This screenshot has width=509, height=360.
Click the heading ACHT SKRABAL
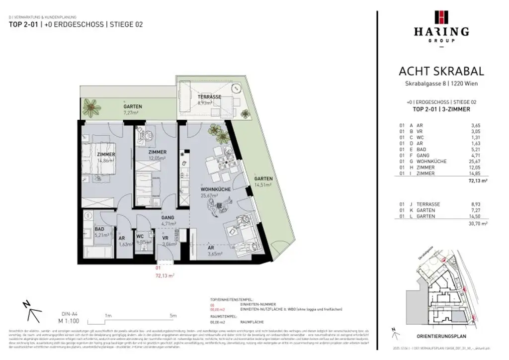tap(441, 72)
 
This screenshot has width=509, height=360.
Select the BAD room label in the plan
tap(99, 229)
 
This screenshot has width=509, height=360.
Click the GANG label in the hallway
tap(167, 217)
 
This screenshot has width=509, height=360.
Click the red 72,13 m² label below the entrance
tap(164, 274)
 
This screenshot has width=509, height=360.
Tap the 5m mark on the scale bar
tap(172, 315)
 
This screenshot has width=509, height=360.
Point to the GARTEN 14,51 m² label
tap(263, 181)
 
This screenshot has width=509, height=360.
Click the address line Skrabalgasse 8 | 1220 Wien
tap(441, 83)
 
